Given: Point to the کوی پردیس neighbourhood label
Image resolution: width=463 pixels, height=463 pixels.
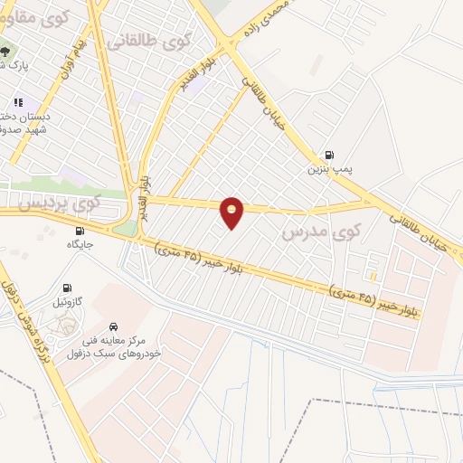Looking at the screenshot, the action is (x=55, y=205).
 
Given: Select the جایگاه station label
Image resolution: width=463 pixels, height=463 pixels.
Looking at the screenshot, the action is (x=80, y=244).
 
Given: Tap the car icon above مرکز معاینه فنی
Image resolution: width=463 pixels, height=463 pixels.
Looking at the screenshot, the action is (x=113, y=326).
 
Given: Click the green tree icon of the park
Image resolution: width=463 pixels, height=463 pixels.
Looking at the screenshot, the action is (x=6, y=51).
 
